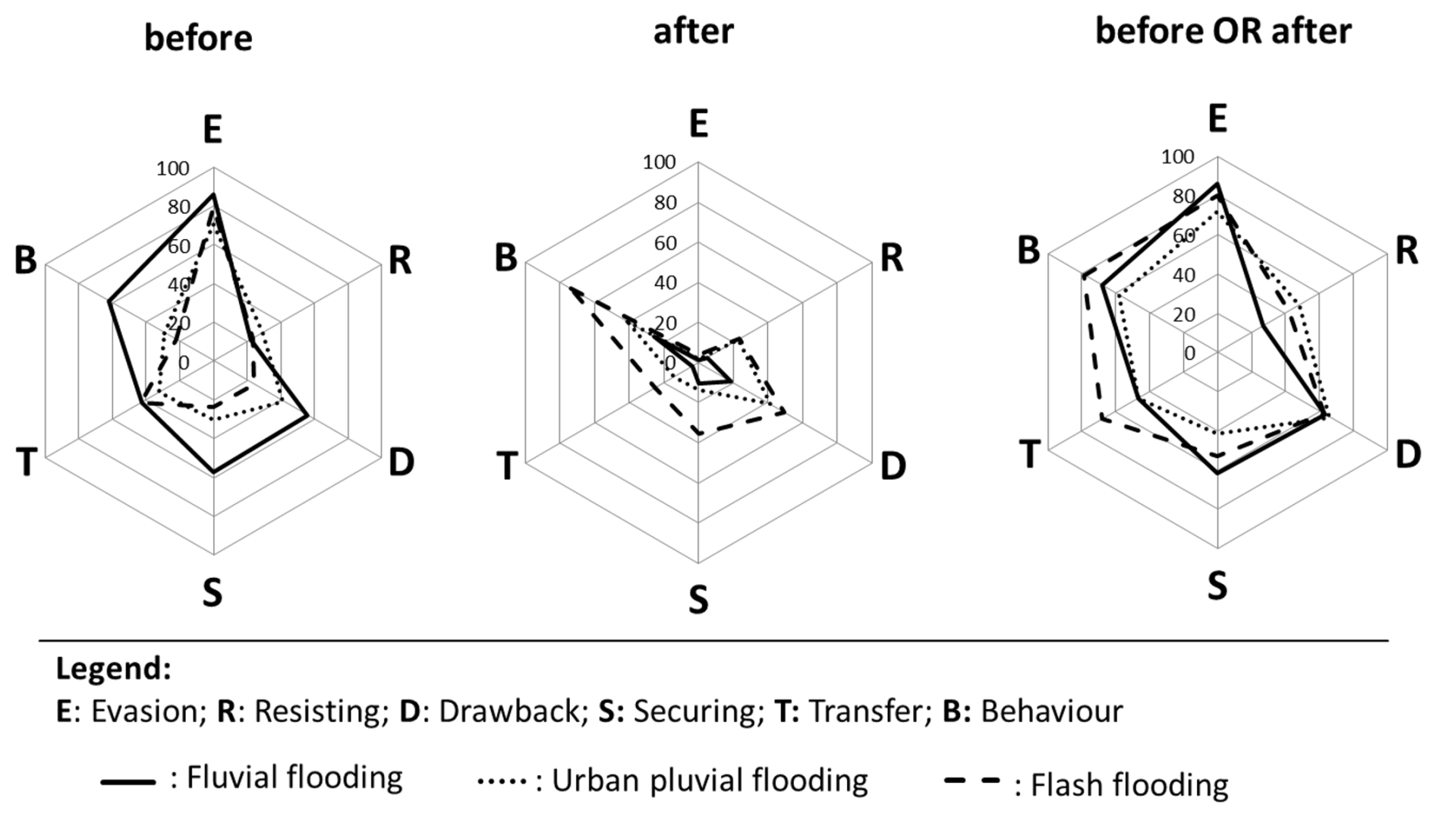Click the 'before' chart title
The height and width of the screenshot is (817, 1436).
click(x=198, y=38)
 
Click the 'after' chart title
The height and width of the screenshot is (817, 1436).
click(x=694, y=32)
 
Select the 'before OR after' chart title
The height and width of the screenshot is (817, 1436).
click(x=1223, y=32)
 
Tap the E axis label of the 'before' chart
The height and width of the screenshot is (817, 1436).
click(x=213, y=130)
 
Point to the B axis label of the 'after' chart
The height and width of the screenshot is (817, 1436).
click(x=506, y=258)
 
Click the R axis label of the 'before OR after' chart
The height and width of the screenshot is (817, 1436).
click(x=1406, y=251)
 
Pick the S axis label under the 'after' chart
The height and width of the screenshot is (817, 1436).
click(x=698, y=600)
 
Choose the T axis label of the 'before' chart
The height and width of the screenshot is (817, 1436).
click(x=27, y=462)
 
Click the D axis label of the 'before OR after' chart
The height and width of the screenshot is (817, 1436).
click(x=1408, y=454)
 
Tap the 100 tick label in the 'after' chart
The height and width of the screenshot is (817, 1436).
click(x=659, y=162)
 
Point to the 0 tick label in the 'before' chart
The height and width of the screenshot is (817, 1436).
click(x=184, y=363)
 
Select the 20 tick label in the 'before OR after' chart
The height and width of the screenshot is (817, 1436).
click(x=1184, y=314)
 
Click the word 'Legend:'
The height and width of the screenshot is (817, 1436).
click(x=114, y=669)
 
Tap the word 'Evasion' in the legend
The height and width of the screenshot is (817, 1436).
click(x=144, y=711)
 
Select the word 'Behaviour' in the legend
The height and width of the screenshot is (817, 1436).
click(x=1051, y=711)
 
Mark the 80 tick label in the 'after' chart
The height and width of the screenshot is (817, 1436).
click(x=665, y=203)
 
